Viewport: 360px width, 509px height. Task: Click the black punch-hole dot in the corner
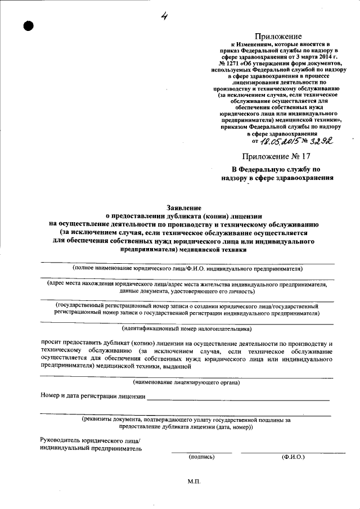click(29, 26)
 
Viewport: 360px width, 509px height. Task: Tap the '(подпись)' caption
click(201, 457)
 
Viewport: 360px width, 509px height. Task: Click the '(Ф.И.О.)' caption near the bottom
click(293, 457)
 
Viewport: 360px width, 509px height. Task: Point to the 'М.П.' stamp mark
click(194, 482)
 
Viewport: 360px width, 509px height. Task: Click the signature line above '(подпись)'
click(201, 452)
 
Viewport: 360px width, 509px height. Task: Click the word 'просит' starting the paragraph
click(51, 343)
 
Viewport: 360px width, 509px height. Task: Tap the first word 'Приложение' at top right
click(275, 37)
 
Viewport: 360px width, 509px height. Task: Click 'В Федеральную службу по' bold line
click(277, 169)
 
